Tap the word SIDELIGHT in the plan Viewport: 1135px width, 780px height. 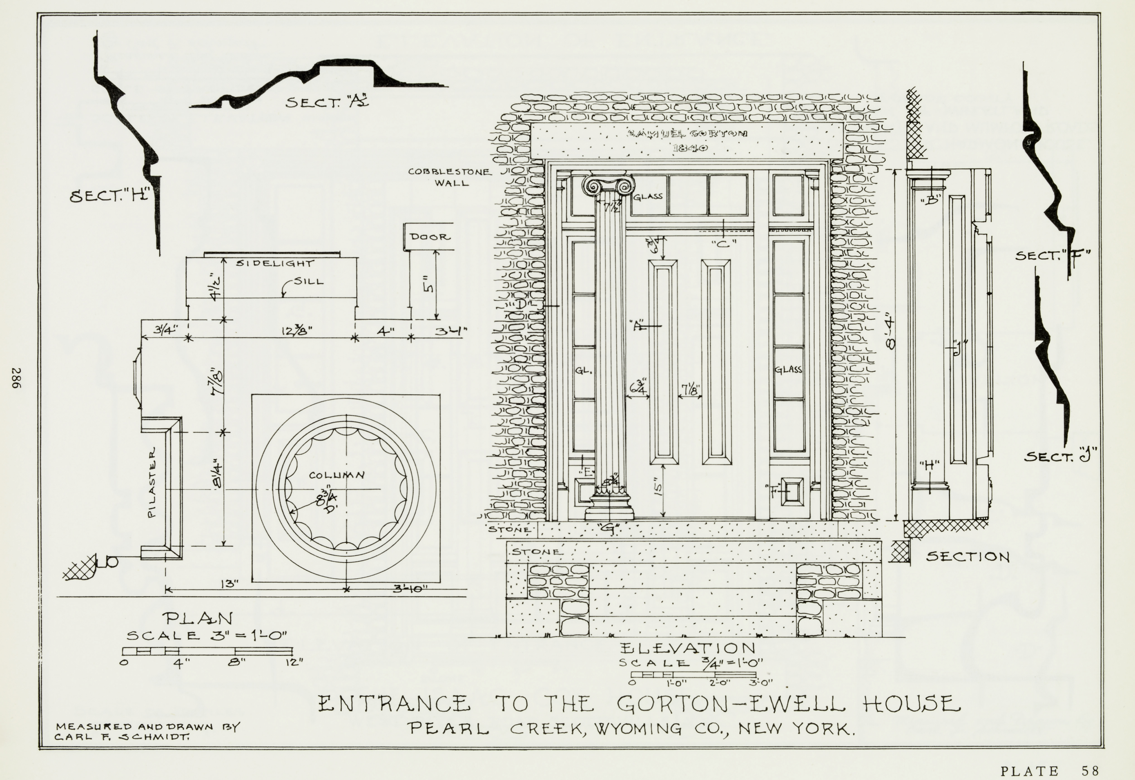(x=275, y=263)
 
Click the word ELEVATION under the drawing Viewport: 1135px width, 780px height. (x=687, y=649)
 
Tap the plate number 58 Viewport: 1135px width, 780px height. (x=1090, y=771)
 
